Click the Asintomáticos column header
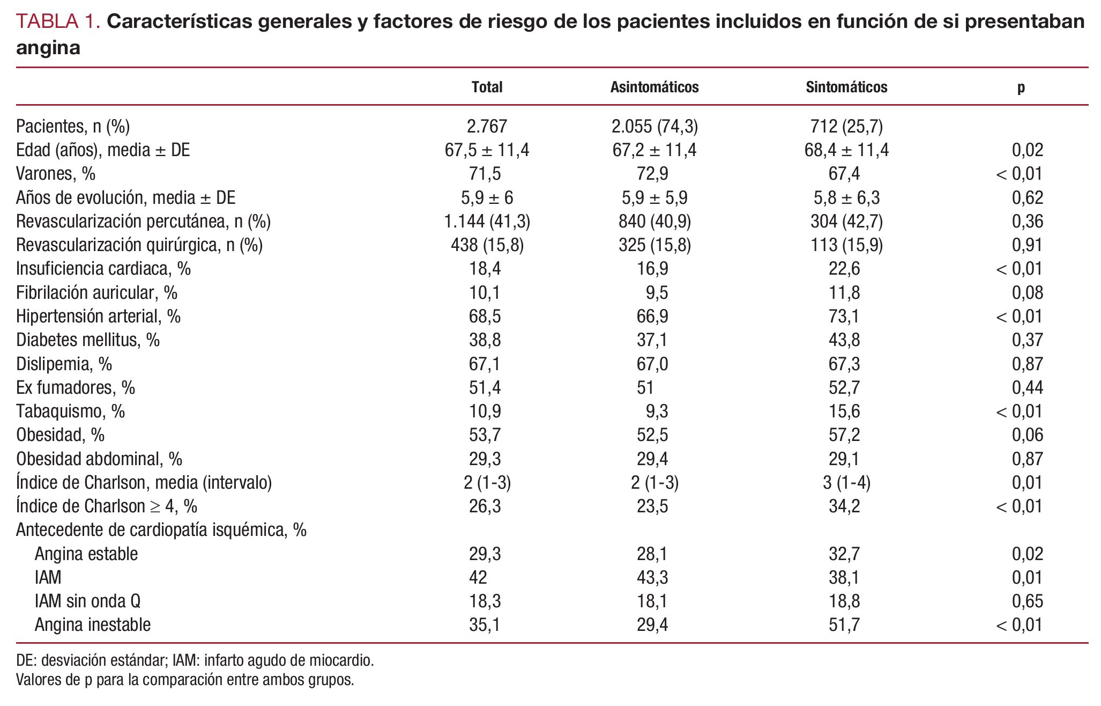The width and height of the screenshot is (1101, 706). pos(654,87)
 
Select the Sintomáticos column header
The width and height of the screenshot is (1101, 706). pos(846,87)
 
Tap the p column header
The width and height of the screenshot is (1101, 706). pos(1021,87)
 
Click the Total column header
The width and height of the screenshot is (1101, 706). pos(487,87)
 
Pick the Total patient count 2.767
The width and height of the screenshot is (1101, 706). pos(487,126)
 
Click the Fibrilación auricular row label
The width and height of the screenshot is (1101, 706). pos(96,292)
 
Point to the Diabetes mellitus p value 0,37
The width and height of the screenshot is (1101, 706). pos(1027,340)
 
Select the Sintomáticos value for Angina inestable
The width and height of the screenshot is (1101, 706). pos(844,625)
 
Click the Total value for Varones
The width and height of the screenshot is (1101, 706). pos(485,174)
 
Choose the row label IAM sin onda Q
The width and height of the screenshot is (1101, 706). pos(87,601)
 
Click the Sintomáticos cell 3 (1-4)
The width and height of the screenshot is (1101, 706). pos(846,483)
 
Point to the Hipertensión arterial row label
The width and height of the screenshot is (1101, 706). pos(98,317)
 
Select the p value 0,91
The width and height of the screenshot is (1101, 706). pos(1027,245)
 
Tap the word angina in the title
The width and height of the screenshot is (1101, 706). pos(48,48)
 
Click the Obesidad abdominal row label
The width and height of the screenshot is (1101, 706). pos(99,459)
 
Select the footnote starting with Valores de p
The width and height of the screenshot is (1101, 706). pos(185,680)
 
